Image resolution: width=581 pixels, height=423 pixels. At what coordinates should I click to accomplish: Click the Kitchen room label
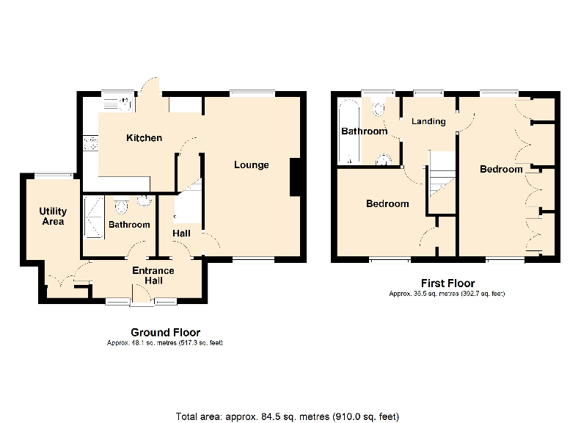tap(144, 138)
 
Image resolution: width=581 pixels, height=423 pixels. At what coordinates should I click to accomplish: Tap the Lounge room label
tap(251, 164)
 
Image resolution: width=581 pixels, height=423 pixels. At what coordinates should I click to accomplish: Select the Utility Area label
tap(52, 217)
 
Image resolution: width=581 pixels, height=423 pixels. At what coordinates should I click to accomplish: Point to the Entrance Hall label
tap(153, 275)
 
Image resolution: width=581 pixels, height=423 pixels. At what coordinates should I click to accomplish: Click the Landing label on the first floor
tap(428, 121)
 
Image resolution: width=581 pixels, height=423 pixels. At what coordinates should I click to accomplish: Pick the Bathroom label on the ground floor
tap(129, 225)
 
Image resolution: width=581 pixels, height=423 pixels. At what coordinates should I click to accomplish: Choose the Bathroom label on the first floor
tap(364, 131)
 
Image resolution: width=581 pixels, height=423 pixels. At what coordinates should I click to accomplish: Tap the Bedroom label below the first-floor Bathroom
tap(387, 203)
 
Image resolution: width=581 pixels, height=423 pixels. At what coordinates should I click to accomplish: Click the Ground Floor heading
tap(165, 333)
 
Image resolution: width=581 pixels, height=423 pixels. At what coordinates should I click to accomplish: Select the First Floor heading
tap(447, 283)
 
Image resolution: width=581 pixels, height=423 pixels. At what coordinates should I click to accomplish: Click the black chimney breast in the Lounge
tap(296, 177)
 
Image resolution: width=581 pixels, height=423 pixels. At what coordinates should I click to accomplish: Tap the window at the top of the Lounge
tap(252, 93)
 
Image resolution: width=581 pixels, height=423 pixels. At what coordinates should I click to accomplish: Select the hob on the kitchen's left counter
tap(91, 142)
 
